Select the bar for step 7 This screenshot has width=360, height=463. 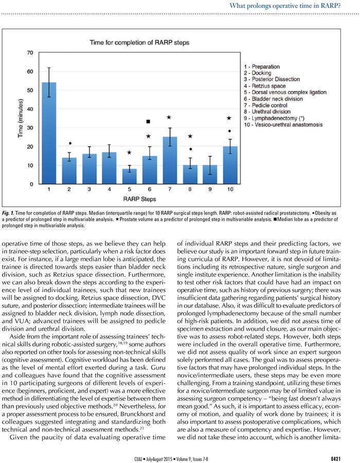coord(163,160)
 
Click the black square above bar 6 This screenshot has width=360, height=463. coord(148,121)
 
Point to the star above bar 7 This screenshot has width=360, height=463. coord(168,118)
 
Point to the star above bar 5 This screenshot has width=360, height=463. coord(129,152)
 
